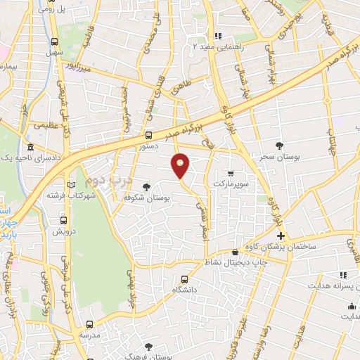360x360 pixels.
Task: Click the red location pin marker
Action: coord(181,165)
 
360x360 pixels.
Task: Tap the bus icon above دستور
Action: coord(148,135)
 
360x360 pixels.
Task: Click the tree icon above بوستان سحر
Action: coord(281,146)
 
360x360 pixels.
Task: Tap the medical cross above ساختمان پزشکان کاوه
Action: coord(281,236)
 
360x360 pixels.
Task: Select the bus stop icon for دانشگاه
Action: coord(184,278)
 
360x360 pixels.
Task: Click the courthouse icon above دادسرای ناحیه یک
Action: coord(30,148)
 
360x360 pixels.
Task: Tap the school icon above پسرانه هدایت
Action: coord(343,275)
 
